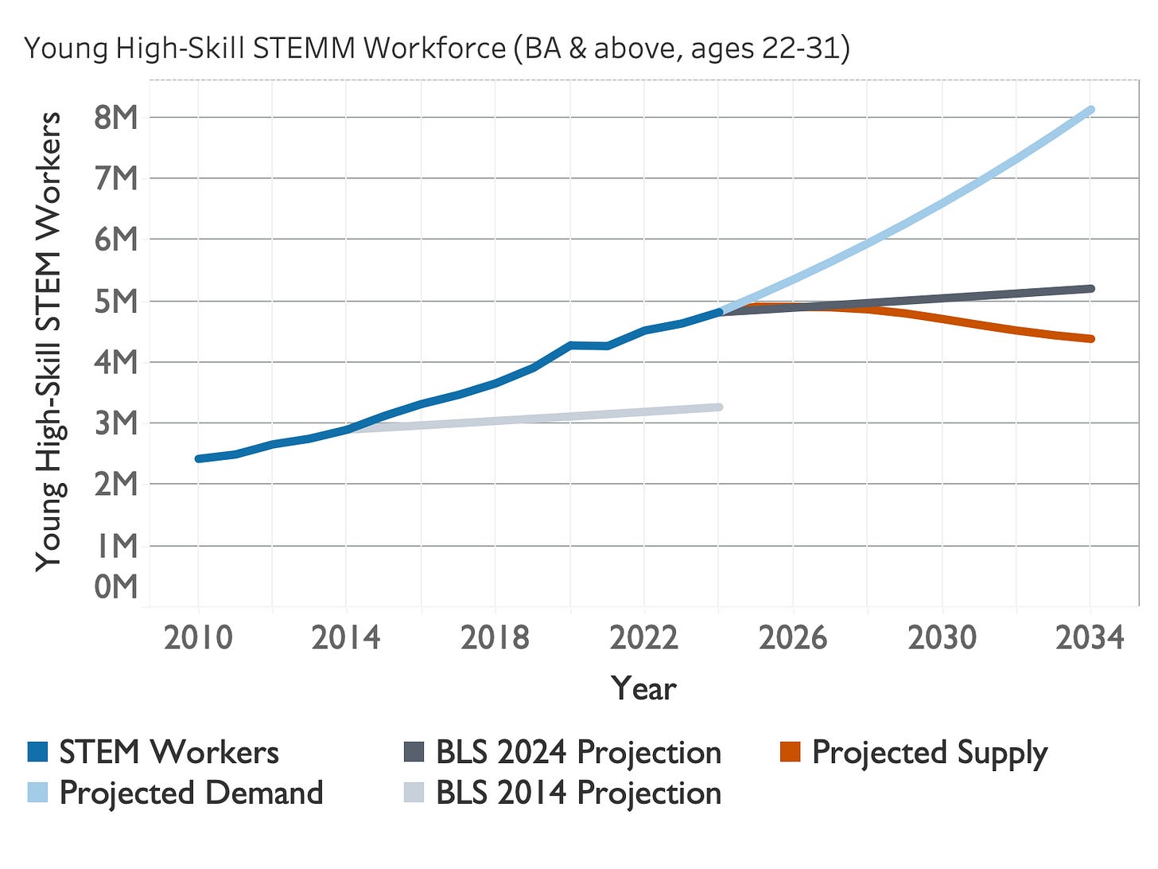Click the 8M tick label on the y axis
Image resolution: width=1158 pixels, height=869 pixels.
tap(115, 117)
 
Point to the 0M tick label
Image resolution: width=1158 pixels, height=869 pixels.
tap(115, 586)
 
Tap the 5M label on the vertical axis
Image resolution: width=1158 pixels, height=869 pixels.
tap(115, 302)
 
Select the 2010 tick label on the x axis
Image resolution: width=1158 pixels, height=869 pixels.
tap(198, 638)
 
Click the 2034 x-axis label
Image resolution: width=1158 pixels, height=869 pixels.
tap(1090, 638)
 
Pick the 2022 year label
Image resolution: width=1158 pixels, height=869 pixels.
tap(643, 638)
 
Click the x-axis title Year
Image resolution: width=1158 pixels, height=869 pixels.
tap(643, 688)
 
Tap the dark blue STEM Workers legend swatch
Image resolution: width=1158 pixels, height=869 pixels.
tap(37, 752)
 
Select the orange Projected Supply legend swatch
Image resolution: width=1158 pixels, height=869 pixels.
tap(790, 752)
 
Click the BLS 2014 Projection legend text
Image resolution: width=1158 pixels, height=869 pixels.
tap(578, 793)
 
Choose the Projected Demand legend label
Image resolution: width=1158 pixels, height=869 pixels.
tap(191, 793)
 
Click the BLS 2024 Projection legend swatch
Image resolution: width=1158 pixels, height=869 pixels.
tap(414, 752)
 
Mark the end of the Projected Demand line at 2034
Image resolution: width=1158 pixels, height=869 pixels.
tap(1090, 110)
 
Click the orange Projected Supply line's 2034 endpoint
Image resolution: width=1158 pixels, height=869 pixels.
tap(1090, 339)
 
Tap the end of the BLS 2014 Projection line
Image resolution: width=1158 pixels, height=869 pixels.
tap(718, 407)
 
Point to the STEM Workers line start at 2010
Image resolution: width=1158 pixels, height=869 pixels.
tap(198, 458)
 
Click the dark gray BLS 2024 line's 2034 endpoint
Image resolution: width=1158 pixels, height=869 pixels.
tap(1090, 289)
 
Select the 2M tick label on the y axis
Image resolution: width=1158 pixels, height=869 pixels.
tap(115, 484)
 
